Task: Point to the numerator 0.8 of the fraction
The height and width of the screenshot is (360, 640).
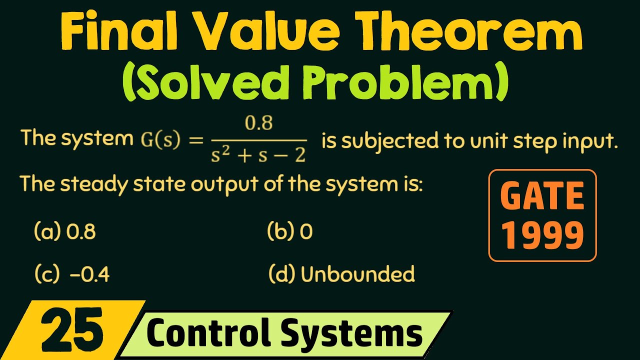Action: tap(258, 123)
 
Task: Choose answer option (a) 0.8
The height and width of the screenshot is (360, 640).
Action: tap(65, 232)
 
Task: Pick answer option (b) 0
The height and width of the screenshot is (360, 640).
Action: tap(290, 232)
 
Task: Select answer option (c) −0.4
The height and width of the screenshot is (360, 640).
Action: tap(72, 274)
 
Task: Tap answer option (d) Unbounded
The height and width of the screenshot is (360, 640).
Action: tap(342, 274)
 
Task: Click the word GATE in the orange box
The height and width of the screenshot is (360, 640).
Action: tap(542, 196)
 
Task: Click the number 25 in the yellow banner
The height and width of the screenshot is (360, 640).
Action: tap(72, 330)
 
